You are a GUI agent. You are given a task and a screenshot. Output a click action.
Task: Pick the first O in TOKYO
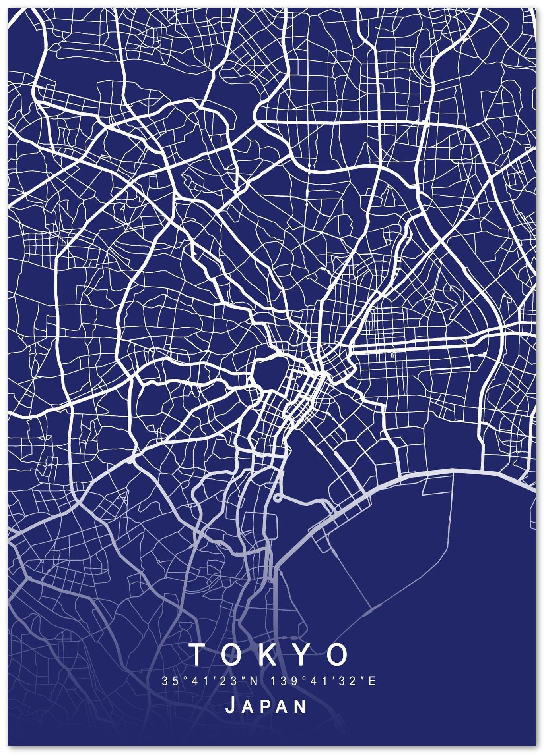233,654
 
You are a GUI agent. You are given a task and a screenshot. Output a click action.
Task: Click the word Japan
266,706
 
